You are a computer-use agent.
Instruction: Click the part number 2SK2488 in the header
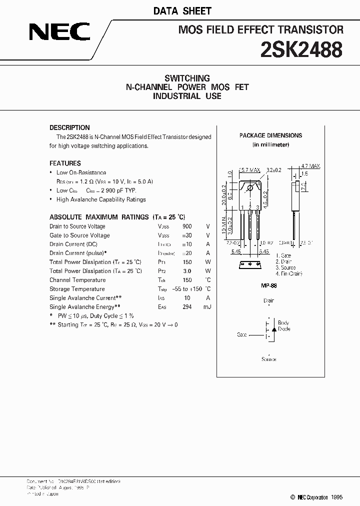coord(301,50)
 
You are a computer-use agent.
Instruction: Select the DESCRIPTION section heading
coord(69,127)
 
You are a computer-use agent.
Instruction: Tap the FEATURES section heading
coord(65,163)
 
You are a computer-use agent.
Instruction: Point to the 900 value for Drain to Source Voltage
coord(187,226)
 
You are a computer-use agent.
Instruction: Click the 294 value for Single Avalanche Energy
coord(187,307)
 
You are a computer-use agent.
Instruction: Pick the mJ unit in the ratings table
coord(207,307)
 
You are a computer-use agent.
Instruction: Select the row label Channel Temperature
coord(77,280)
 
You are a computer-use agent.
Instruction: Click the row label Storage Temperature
coord(77,289)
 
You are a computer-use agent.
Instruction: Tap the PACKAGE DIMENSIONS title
coord(270,135)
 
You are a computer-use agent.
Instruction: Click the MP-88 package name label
coord(269,285)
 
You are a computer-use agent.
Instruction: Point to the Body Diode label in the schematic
coord(283,326)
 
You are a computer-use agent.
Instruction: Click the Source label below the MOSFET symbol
coord(268,359)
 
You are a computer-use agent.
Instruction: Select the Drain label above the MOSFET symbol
coord(268,300)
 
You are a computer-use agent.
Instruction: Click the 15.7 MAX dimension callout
coord(249,170)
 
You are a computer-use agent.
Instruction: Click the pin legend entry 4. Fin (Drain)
coord(292,274)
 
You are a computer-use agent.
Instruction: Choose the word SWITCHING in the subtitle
coord(187,78)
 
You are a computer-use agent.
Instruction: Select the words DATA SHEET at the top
coord(189,10)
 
